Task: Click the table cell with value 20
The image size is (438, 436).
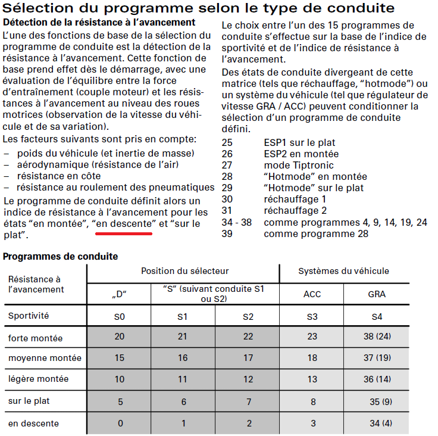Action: pos(120,337)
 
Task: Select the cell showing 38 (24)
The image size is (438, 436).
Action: pos(377,337)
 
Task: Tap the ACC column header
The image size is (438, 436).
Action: pos(312,294)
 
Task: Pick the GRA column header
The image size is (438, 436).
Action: pos(377,294)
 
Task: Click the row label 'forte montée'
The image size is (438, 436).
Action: pos(35,338)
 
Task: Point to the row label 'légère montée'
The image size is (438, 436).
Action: pos(38,379)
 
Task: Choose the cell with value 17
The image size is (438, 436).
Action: pos(248,358)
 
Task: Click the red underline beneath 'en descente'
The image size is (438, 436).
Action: pos(124,234)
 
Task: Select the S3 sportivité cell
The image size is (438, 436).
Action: pos(312,316)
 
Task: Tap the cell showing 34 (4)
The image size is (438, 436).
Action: pos(377,423)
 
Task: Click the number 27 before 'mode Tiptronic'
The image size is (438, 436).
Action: pos(227,165)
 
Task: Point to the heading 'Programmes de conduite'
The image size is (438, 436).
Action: pos(61,256)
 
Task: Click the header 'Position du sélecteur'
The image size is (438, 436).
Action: pos(184,271)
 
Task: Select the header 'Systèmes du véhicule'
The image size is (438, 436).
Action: pos(344,271)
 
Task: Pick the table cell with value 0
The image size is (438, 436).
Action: pos(120,423)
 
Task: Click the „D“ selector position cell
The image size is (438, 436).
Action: pos(120,294)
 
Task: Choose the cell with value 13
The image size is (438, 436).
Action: pos(312,379)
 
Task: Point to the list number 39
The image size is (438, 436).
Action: pos(227,233)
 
